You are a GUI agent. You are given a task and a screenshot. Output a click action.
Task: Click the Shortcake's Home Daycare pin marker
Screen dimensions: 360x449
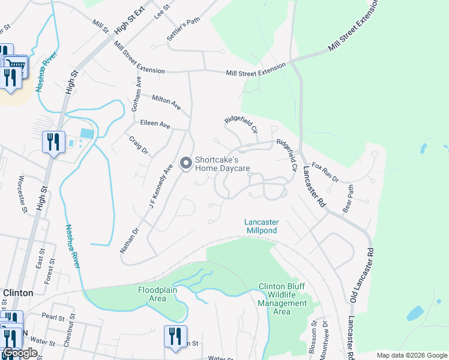[x=185, y=163]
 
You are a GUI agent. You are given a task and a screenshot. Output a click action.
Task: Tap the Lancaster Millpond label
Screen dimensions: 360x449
[x=262, y=226]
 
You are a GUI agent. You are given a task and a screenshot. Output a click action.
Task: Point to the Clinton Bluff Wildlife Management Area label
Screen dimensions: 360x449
[x=283, y=299]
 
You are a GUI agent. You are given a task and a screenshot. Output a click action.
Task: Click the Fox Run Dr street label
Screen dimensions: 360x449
[x=325, y=172]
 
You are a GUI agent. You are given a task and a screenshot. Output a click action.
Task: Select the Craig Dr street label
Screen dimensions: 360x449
[x=139, y=145]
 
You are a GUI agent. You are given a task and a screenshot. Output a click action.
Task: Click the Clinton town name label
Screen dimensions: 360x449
[x=18, y=293]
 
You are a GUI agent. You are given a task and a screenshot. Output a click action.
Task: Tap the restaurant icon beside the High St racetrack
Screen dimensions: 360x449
[x=53, y=142]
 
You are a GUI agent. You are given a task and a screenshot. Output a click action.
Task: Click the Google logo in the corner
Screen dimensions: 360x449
[x=19, y=353]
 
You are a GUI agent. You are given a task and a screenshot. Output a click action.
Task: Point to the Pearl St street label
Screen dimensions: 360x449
[x=53, y=315]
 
